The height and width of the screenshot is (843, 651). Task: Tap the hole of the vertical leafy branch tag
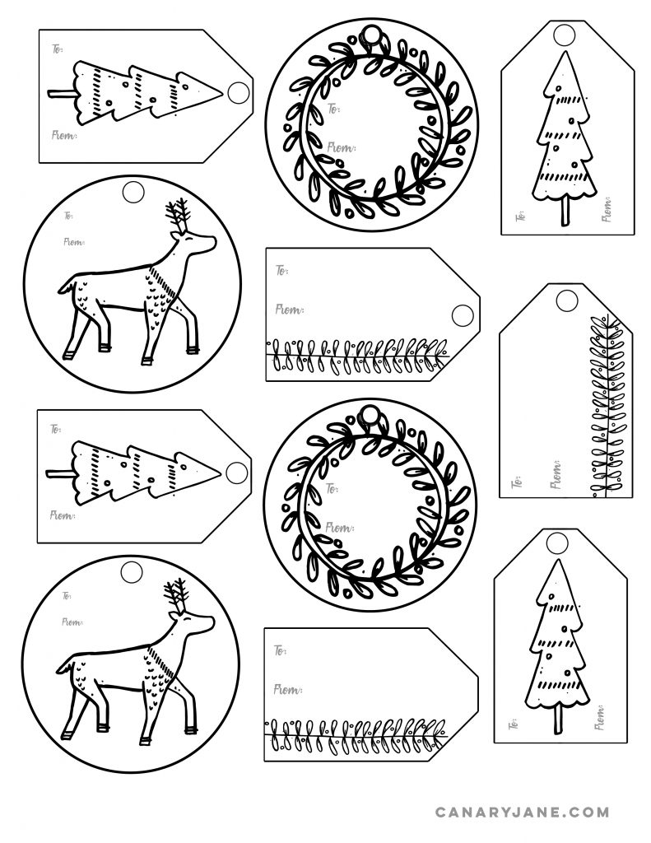pyautogui.click(x=566, y=300)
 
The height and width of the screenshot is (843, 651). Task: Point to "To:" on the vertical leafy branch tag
pyautogui.click(x=518, y=480)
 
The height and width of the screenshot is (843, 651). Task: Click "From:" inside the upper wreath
pyautogui.click(x=341, y=147)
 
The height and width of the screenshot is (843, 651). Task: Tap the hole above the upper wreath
pyautogui.click(x=374, y=35)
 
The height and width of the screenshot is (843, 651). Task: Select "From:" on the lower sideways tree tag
pyautogui.click(x=63, y=515)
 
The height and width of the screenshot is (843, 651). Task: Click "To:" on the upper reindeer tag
pyautogui.click(x=66, y=217)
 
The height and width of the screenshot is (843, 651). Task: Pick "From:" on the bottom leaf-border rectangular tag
pyautogui.click(x=287, y=688)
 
